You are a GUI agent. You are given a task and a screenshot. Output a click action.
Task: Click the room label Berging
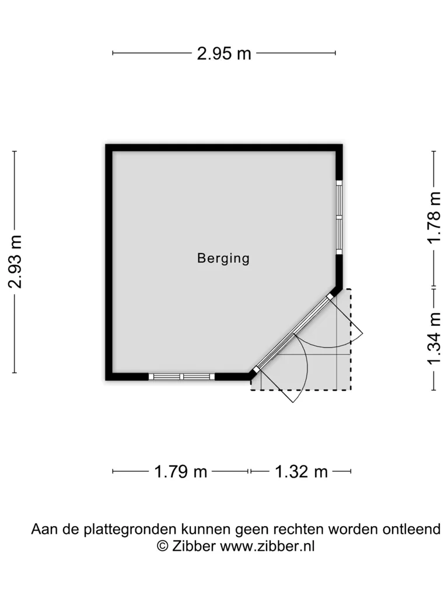click(x=223, y=259)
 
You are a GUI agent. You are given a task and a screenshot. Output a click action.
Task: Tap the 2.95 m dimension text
click(x=224, y=53)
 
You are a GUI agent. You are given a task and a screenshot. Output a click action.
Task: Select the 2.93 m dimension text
click(x=15, y=262)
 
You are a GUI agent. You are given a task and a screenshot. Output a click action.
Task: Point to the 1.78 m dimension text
click(x=433, y=217)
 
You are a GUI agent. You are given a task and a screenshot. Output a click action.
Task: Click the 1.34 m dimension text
click(x=433, y=339)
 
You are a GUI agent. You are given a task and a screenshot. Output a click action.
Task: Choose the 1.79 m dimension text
click(x=181, y=472)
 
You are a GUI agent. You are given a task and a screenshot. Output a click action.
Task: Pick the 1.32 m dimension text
click(x=302, y=472)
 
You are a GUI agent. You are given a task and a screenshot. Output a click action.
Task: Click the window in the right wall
click(x=339, y=217)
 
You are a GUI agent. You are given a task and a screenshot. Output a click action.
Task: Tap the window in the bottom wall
click(x=181, y=377)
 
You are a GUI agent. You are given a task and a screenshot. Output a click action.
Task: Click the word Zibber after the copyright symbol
click(x=194, y=546)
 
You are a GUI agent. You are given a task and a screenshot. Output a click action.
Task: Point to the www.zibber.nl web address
click(x=267, y=546)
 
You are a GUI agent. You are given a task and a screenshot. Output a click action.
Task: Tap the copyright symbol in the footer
click(x=163, y=546)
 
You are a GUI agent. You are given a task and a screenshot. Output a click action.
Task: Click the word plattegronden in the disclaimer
click(x=130, y=529)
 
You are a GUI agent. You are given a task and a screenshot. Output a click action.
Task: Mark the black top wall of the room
click(x=224, y=148)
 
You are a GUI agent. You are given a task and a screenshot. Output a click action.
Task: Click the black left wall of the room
click(x=109, y=262)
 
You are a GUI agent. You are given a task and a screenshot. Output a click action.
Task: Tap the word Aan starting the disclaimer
click(x=43, y=529)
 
